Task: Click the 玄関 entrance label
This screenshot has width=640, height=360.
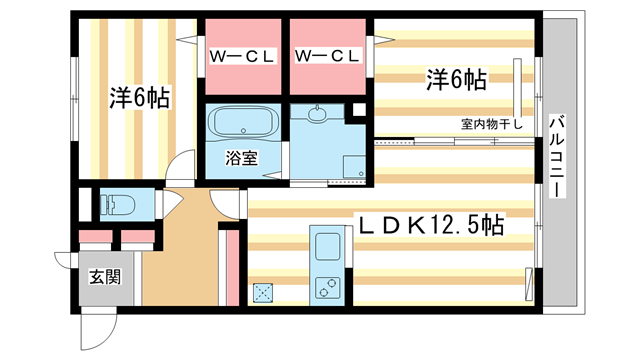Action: click(104, 276)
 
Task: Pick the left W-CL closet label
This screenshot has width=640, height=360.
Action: click(242, 56)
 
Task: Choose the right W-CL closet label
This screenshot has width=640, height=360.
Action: click(328, 56)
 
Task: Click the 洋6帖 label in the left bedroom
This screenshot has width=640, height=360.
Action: click(139, 97)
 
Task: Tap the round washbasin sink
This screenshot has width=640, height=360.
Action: click(318, 116)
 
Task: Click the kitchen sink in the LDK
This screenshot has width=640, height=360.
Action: click(327, 247)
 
